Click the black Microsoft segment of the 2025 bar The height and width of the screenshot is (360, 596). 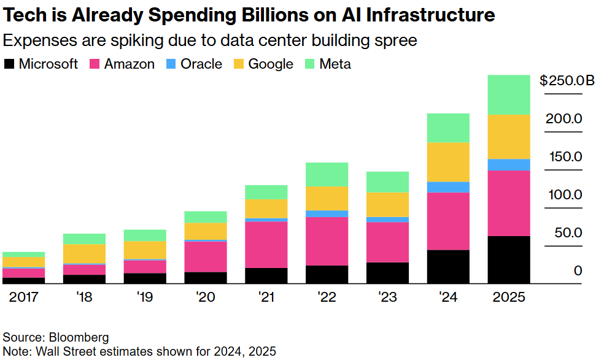[509, 260]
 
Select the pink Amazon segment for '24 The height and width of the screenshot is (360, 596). [448, 221]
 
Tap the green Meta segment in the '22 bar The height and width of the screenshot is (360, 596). [327, 174]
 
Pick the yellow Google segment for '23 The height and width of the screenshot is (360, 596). [387, 204]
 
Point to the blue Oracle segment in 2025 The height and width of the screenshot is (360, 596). [509, 164]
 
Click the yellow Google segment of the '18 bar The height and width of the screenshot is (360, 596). [84, 254]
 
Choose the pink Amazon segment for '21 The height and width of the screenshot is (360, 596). [266, 245]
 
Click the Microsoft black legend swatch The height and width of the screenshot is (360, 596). [9, 64]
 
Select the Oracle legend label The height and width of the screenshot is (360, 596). [201, 64]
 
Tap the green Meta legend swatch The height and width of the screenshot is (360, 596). [309, 64]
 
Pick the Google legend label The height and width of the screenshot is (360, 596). [271, 64]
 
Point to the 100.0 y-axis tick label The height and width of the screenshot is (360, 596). [564, 195]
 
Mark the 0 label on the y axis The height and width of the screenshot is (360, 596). [578, 271]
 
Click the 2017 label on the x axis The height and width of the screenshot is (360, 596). [23, 297]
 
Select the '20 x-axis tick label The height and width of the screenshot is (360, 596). [206, 297]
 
